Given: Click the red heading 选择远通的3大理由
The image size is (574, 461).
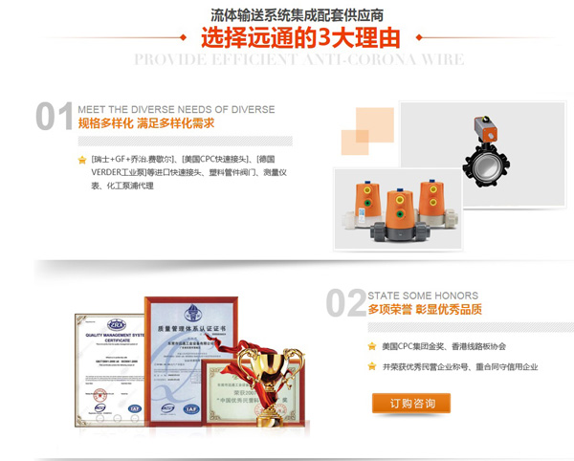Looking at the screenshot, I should click(x=299, y=39).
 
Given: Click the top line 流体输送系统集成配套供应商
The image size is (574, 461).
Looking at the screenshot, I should click(x=298, y=14).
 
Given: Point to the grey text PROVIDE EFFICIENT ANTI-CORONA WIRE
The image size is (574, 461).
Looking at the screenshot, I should click(x=298, y=59).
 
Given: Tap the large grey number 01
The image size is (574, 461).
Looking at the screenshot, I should click(x=55, y=116).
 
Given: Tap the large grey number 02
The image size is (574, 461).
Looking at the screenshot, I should click(x=345, y=302).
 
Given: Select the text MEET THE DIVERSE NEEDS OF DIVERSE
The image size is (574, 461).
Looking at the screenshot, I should click(x=176, y=109).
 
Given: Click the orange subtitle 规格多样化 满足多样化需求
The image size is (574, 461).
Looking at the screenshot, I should click(x=145, y=123).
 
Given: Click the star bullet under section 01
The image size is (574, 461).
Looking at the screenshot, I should click(x=82, y=159).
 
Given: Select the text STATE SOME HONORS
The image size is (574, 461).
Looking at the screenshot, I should click(x=423, y=295).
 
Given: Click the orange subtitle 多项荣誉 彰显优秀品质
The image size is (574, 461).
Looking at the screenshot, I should click(x=425, y=310).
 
